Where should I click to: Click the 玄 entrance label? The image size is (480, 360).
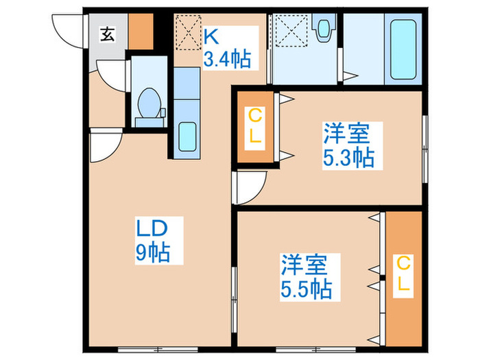pyautogui.click(x=108, y=32)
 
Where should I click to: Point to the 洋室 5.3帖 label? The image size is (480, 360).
pyautogui.click(x=348, y=145)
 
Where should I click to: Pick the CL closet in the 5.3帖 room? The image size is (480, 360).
pyautogui.click(x=254, y=125)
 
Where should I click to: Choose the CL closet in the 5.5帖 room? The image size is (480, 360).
pyautogui.click(x=404, y=274)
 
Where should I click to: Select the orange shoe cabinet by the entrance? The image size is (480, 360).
pyautogui.click(x=141, y=30)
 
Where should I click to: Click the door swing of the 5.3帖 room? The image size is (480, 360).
pyautogui.click(x=250, y=187)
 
